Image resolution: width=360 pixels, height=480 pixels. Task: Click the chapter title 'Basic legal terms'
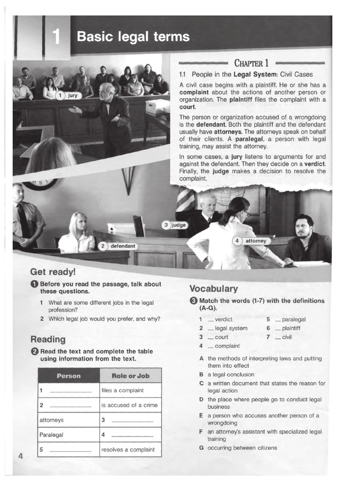(x=133, y=37)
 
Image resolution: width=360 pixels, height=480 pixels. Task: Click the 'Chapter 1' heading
(x=251, y=63)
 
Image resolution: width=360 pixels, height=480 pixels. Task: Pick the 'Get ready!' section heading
(x=52, y=272)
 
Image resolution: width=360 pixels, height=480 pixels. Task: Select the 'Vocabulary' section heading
(x=213, y=289)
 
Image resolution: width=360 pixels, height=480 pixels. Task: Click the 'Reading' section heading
(x=48, y=339)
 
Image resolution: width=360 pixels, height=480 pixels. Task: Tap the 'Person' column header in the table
(x=68, y=376)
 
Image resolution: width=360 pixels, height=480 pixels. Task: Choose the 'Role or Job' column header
(x=130, y=376)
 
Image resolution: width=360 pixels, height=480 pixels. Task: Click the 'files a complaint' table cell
(x=122, y=390)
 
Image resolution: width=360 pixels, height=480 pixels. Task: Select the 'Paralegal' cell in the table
(x=52, y=435)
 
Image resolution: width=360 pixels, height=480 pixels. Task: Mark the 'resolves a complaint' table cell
(x=128, y=450)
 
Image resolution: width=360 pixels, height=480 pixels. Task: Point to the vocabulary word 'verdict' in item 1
(x=224, y=319)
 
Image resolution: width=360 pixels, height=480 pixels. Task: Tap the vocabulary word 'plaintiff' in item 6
(x=291, y=328)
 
